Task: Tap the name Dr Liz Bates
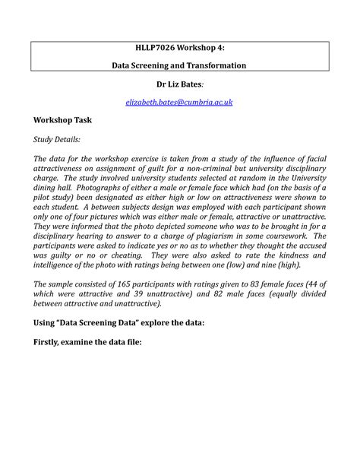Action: pyautogui.click(x=179, y=84)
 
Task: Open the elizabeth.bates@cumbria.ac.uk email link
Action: pyautogui.click(x=180, y=101)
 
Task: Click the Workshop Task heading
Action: pyautogui.click(x=62, y=120)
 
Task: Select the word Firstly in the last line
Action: pyautogui.click(x=52, y=341)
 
